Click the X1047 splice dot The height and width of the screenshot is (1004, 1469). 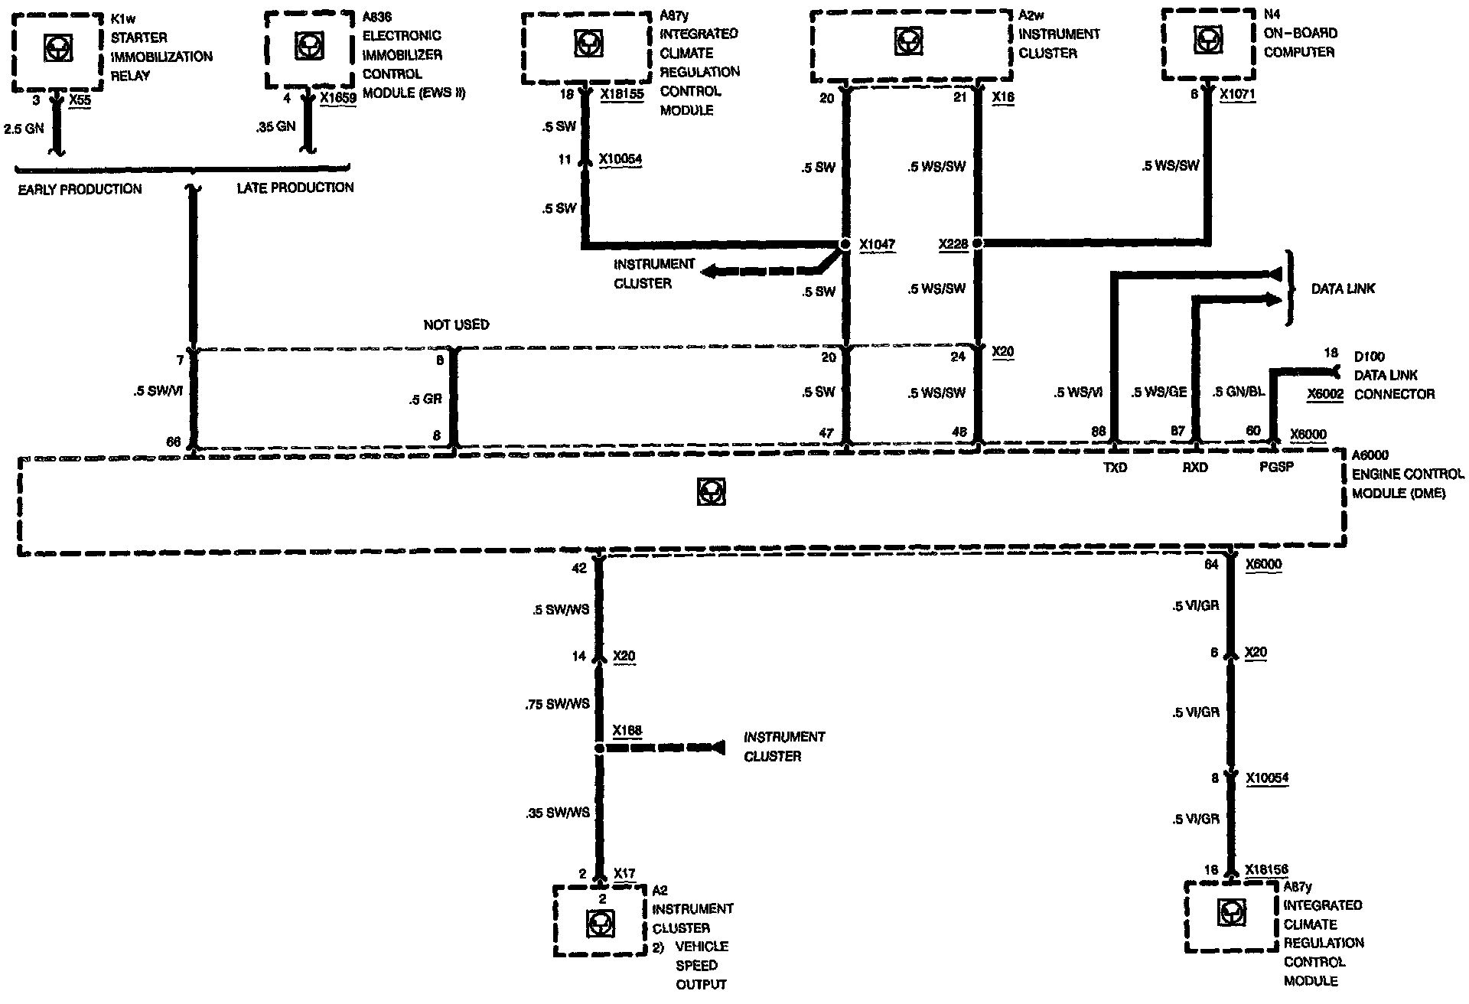pyautogui.click(x=845, y=245)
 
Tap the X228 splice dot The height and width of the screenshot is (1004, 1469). pyautogui.click(x=977, y=244)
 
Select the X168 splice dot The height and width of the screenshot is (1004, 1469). pyautogui.click(x=599, y=748)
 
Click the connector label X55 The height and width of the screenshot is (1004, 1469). pyautogui.click(x=80, y=100)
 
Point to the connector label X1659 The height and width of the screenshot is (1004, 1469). pyautogui.click(x=338, y=99)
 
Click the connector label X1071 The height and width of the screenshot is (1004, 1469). pyautogui.click(x=1237, y=95)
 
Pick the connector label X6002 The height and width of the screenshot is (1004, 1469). pyautogui.click(x=1326, y=394)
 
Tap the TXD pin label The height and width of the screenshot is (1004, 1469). pyautogui.click(x=1115, y=468)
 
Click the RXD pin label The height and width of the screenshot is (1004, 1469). pyautogui.click(x=1194, y=468)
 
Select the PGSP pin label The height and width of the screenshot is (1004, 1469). pyautogui.click(x=1276, y=466)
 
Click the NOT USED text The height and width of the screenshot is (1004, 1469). pyautogui.click(x=456, y=325)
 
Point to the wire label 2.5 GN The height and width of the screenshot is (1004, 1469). pyautogui.click(x=24, y=129)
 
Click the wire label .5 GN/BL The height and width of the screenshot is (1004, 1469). pyautogui.click(x=1239, y=392)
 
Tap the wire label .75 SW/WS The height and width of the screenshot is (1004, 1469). pyautogui.click(x=557, y=704)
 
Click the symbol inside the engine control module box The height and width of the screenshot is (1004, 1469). pyautogui.click(x=712, y=491)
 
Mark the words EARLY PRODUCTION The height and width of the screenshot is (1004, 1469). pyautogui.click(x=80, y=189)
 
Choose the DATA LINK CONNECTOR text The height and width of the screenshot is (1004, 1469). pyautogui.click(x=1394, y=385)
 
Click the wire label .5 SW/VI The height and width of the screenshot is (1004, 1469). pyautogui.click(x=157, y=392)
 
